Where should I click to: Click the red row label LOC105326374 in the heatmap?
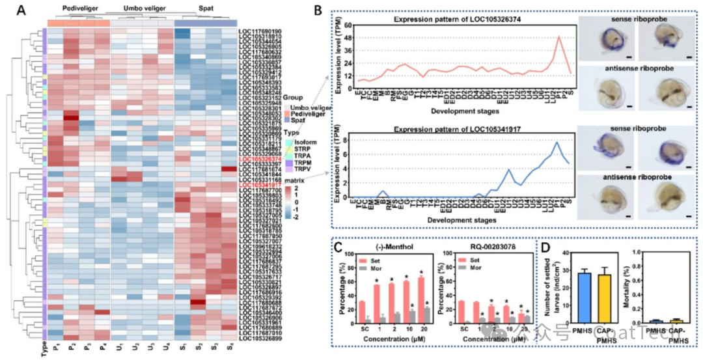[260, 158]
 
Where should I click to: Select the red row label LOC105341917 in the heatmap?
[260, 185]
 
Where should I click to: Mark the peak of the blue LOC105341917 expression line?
[556, 143]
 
